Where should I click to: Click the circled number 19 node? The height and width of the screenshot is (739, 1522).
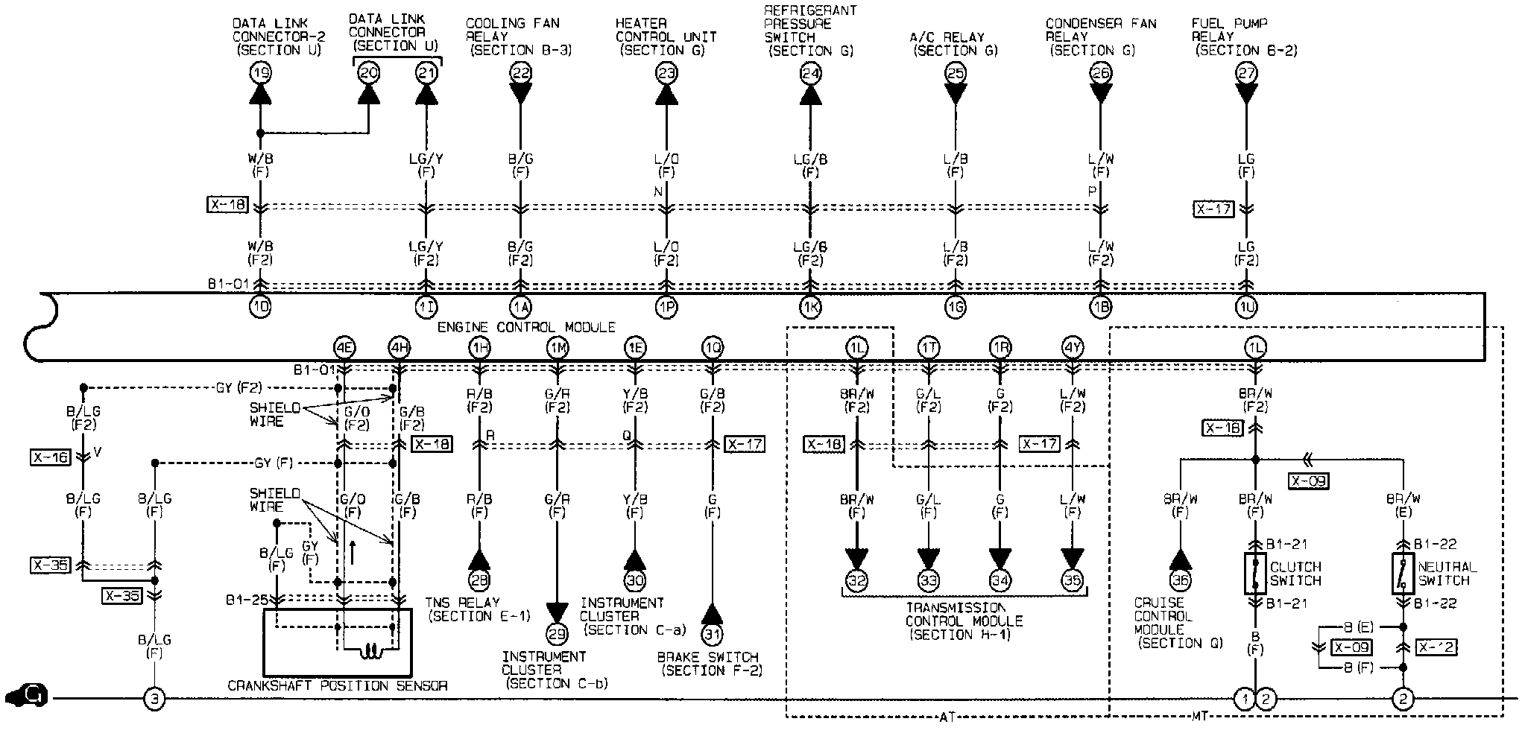click(260, 73)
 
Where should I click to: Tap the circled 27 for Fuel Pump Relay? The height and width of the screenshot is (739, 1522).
click(1246, 73)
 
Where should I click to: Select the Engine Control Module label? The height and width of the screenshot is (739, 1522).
click(526, 327)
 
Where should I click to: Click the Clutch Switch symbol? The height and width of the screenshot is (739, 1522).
click(1255, 573)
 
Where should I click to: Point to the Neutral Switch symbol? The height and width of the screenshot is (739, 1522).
click(1403, 573)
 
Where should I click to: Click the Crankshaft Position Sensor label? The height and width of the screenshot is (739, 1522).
click(338, 685)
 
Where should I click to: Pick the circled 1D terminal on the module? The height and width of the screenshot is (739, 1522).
click(260, 307)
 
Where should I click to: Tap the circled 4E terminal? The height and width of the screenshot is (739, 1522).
click(344, 347)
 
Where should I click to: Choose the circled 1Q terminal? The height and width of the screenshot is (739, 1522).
click(713, 347)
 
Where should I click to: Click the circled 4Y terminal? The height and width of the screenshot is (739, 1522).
click(1072, 347)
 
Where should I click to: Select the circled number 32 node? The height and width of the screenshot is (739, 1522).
click(857, 580)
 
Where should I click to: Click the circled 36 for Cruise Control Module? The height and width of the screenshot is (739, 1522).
click(1181, 580)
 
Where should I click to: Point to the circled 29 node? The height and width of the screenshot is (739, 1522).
click(557, 633)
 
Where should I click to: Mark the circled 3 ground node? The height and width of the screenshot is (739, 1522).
click(154, 699)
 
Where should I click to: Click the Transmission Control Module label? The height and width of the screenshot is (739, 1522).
click(963, 621)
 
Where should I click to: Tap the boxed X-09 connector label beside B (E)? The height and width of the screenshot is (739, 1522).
click(1351, 647)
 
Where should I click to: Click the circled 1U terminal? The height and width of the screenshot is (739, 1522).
click(1246, 307)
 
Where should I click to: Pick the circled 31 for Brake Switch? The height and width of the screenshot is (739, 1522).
click(713, 633)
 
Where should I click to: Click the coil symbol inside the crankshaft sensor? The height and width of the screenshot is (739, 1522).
click(370, 653)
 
